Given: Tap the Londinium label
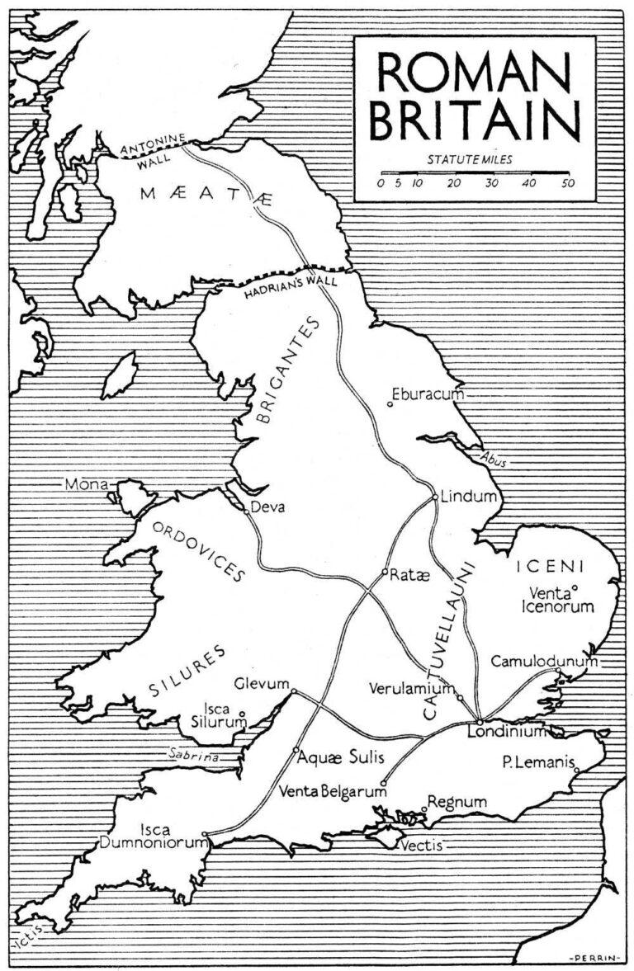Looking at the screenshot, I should point(507,731).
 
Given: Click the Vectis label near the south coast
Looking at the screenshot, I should point(421,845).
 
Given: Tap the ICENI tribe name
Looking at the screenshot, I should point(550,566).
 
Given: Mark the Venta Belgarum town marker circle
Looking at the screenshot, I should point(383,783).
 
